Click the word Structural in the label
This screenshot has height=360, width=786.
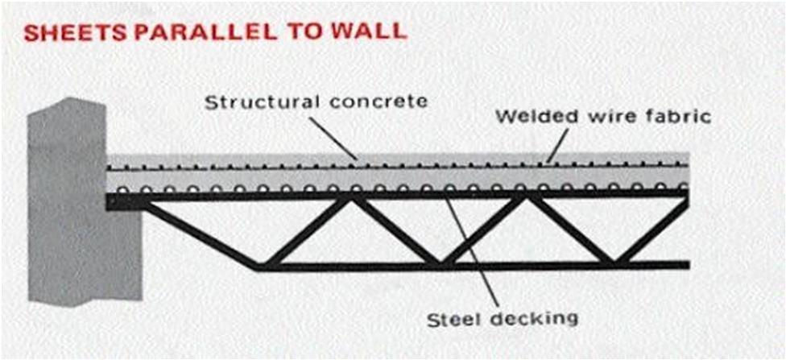pyautogui.click(x=246, y=102)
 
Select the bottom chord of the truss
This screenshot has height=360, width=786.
pyautogui.click(x=483, y=265)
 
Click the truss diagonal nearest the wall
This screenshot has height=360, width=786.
pyautogui.click(x=201, y=234)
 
